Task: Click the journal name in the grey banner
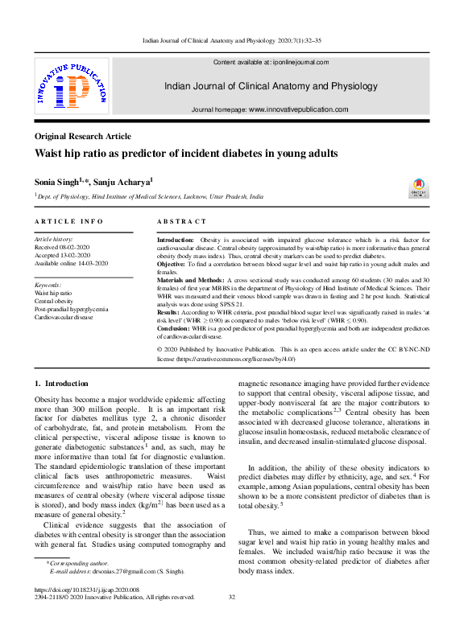pyautogui.click(x=270, y=85)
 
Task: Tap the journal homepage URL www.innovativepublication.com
pyautogui.click(x=298, y=109)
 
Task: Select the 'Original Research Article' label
pyautogui.click(x=83, y=137)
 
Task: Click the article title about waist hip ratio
pyautogui.click(x=186, y=154)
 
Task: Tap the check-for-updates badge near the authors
pyautogui.click(x=420, y=188)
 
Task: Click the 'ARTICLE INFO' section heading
pyautogui.click(x=68, y=220)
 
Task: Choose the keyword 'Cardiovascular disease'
pyautogui.click(x=64, y=318)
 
